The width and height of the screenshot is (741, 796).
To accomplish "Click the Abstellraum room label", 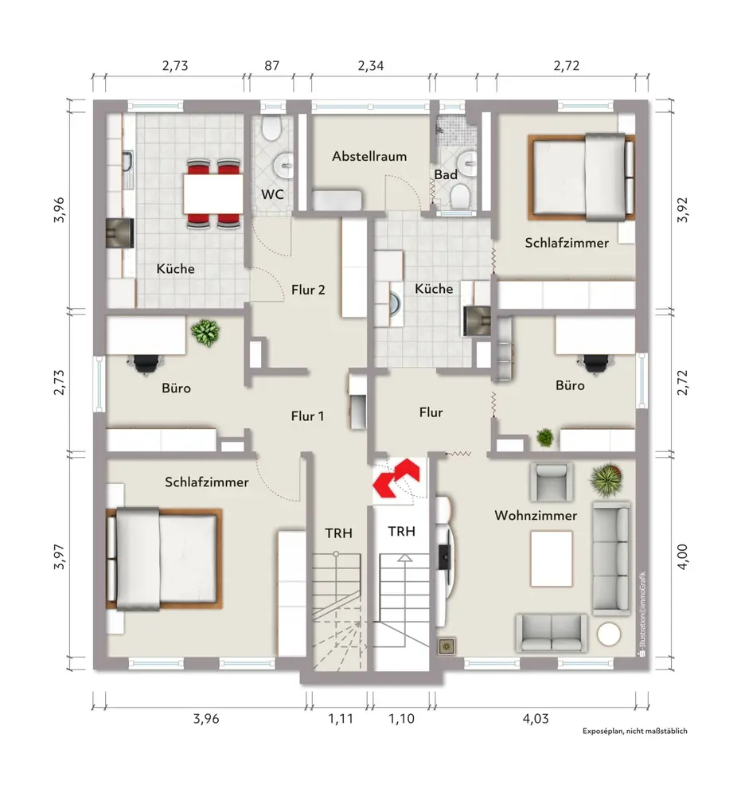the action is pos(369,156).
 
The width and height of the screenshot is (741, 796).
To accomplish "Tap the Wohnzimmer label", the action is pos(536,516).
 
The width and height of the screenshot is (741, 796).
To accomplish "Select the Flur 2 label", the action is pos(308,290).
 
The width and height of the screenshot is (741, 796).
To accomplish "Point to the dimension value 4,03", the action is pos(536,719).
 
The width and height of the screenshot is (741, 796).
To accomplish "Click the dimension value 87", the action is pos(271,66).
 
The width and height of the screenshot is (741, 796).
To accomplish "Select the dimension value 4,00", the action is pos(683,556).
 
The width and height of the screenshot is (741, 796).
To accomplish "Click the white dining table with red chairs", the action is pos(213,193).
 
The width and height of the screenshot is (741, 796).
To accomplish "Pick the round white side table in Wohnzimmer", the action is pos(609,634).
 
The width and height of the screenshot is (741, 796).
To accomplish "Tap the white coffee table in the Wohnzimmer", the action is pos(552,559).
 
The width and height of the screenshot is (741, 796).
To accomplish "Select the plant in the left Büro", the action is pos(205,333).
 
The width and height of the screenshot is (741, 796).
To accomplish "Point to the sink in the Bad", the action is pos(467,162).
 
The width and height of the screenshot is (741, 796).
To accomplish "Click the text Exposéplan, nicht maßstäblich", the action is pos(635,731).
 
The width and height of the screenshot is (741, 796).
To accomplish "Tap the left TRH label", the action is pos(338,533).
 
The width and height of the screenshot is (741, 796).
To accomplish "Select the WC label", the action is pos(272,194).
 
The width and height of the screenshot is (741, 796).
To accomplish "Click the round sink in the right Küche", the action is pos(394,303).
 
